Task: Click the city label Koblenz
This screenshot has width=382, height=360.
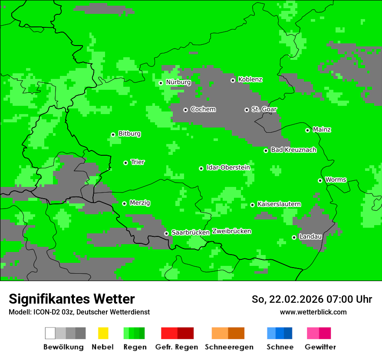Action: [x=250, y=79]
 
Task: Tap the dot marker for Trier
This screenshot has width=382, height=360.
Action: [x=125, y=163]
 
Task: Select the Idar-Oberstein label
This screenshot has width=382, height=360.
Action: [x=228, y=167]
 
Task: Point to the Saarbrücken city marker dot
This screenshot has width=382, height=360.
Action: [x=166, y=233]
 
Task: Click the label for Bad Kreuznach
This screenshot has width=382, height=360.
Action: [x=293, y=150]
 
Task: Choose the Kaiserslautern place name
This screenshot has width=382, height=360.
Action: [x=279, y=204]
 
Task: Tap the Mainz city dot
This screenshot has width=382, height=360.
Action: [x=307, y=130]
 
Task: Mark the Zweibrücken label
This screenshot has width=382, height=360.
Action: [x=231, y=231]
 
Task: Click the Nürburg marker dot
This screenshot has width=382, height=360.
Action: [x=161, y=83]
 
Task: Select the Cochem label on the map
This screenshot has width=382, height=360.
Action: [x=203, y=109]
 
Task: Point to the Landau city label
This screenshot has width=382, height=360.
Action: [x=310, y=236]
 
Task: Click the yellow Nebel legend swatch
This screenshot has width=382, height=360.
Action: [x=103, y=333]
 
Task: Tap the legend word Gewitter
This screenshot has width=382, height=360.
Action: [x=320, y=347]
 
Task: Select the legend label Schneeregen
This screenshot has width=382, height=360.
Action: [x=229, y=347]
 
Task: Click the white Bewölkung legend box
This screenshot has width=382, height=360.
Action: [x=50, y=333]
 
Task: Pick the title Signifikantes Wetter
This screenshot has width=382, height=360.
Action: [x=72, y=299]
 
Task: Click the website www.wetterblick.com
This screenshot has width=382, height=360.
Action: [x=313, y=312]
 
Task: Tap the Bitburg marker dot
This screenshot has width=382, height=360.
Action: [x=113, y=134]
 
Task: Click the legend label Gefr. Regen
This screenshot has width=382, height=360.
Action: [x=176, y=347]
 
